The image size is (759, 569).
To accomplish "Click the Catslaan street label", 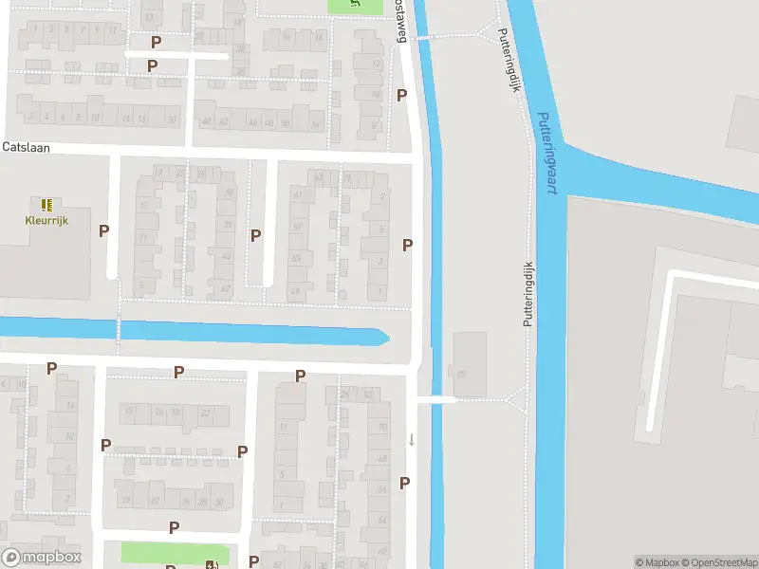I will pyautogui.click(x=26, y=148).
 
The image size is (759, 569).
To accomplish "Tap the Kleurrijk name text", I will pyautogui.click(x=46, y=221).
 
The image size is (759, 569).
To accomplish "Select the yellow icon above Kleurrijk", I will pyautogui.click(x=46, y=204).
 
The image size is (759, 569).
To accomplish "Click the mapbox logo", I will pyautogui.click(x=42, y=558).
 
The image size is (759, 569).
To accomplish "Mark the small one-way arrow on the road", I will pyautogui.click(x=412, y=438).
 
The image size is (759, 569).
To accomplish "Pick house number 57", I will pyautogui.click(x=297, y=228).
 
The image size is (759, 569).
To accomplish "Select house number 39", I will pyautogui.click(x=227, y=225).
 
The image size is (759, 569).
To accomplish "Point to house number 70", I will pyautogui.click(x=382, y=427).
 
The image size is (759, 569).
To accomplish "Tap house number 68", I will pyautogui.click(x=382, y=459).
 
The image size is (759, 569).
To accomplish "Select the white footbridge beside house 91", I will pyautogui.click(x=435, y=400).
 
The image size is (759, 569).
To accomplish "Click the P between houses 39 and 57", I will pyautogui.click(x=255, y=235).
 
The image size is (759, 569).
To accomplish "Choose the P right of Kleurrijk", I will pyautogui.click(x=103, y=230).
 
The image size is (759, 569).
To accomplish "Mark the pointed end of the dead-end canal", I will pyautogui.click(x=386, y=337).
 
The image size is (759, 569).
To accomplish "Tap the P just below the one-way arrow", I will pyautogui.click(x=405, y=483).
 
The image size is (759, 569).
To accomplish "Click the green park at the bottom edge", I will pyautogui.click(x=176, y=554).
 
